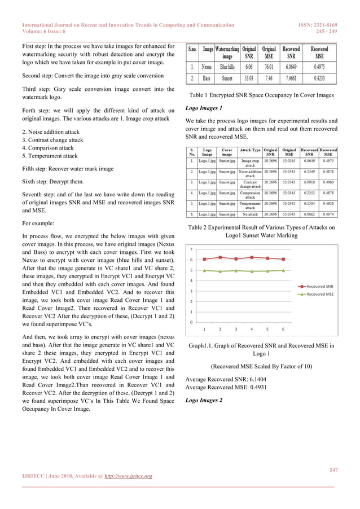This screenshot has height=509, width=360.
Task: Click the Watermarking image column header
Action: click(x=227, y=53)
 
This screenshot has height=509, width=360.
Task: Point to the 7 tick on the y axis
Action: click(x=192, y=249)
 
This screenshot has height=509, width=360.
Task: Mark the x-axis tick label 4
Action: click(x=251, y=329)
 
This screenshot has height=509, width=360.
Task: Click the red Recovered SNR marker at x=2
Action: click(x=220, y=257)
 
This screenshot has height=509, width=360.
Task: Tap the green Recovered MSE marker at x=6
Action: click(x=283, y=271)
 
